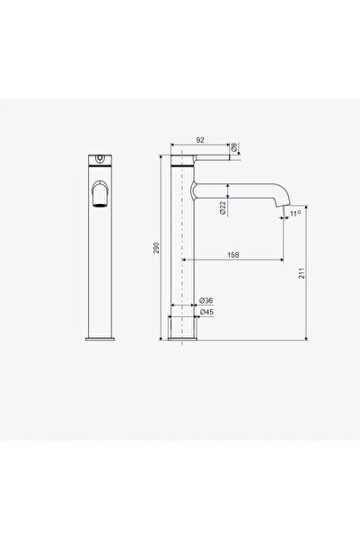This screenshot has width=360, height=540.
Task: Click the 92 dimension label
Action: tap(200, 140)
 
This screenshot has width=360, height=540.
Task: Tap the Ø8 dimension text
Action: tap(233, 147)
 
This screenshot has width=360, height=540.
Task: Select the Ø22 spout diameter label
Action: tap(223, 208)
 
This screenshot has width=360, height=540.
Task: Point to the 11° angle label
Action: tap(295, 214)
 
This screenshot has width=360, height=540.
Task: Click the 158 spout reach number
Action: tap(233, 255)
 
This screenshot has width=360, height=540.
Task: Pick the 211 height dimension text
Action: tap(302, 273)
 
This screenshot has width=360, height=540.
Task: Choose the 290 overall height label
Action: tap(156, 248)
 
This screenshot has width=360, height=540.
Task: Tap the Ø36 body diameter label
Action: tap(206, 300)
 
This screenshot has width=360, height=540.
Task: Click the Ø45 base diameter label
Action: tap(206, 312)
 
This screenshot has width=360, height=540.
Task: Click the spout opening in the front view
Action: tap(100, 205)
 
